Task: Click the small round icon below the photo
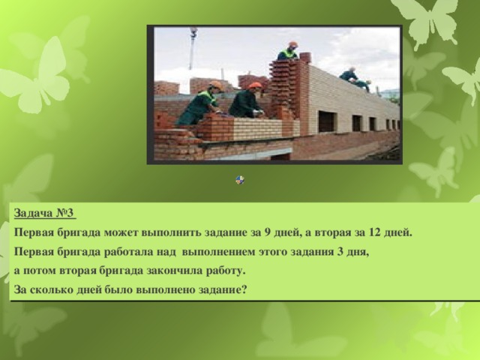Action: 239,180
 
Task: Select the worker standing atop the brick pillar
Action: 289,52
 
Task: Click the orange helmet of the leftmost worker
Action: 216,85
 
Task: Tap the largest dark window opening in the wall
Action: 326,121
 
